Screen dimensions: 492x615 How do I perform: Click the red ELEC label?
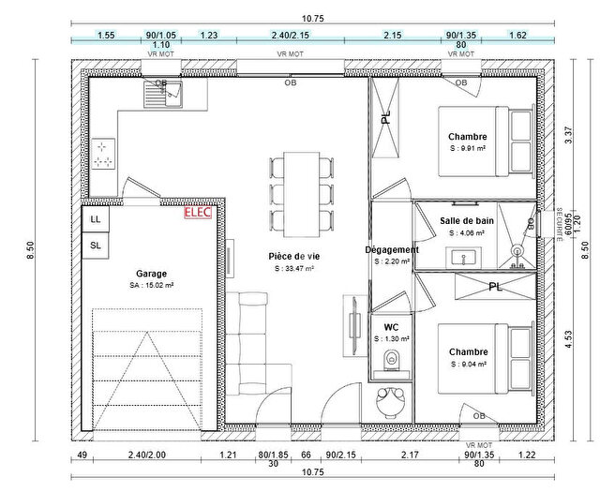click(x=199, y=212)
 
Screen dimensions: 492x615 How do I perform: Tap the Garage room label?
click(x=151, y=275)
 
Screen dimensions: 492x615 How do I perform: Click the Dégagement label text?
click(x=391, y=250)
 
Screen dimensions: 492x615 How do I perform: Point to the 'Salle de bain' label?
click(x=466, y=220)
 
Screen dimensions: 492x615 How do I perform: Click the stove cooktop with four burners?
click(x=103, y=155)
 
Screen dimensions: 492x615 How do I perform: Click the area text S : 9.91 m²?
click(x=468, y=148)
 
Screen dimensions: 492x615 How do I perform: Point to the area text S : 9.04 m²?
click(x=468, y=364)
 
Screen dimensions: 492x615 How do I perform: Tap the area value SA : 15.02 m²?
click(x=151, y=286)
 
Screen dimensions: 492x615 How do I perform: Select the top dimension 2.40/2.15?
click(x=290, y=35)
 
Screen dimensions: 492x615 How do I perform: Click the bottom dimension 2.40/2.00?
click(x=146, y=455)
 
